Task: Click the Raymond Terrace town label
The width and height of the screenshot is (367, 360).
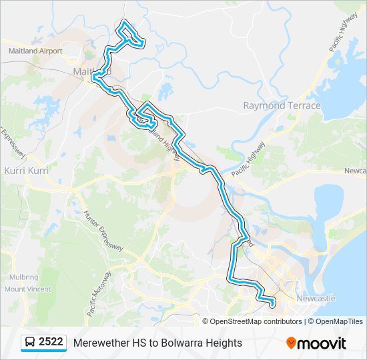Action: tap(282, 106)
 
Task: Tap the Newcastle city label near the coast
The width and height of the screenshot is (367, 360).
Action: tap(316, 298)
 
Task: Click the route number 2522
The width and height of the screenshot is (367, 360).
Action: tap(51, 342)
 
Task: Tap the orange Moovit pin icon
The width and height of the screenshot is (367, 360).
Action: tap(291, 343)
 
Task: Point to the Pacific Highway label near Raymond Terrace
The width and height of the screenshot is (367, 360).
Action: tap(248, 159)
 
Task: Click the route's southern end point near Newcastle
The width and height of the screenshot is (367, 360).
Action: tap(272, 305)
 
